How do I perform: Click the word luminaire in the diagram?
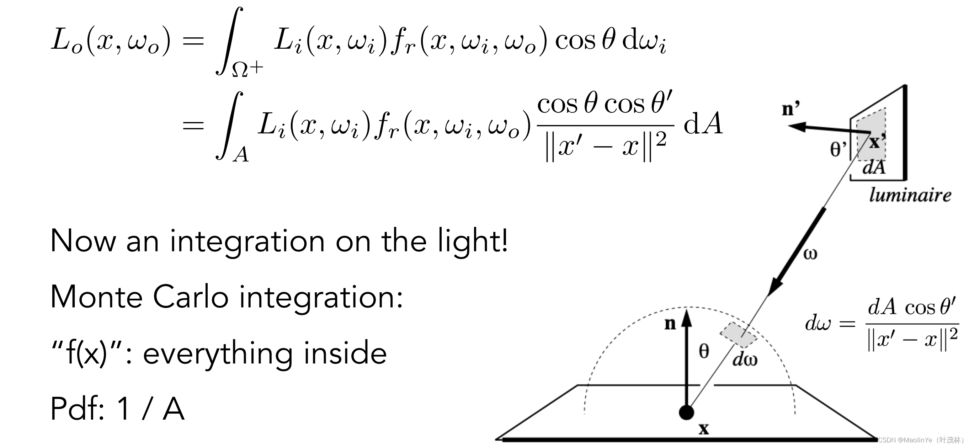[x=910, y=195]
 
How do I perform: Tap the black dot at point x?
[x=687, y=413]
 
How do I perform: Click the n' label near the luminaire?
[x=791, y=109]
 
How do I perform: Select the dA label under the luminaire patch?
[x=874, y=167]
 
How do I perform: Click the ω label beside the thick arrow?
[x=810, y=254]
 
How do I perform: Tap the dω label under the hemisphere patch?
[x=745, y=360]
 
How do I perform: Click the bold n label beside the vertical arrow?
[x=670, y=323]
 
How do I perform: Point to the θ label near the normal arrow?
[x=704, y=351]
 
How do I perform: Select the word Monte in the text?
[x=96, y=297]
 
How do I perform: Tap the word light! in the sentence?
[x=473, y=241]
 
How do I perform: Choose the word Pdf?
[x=78, y=409]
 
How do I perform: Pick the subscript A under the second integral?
[x=241, y=155]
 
